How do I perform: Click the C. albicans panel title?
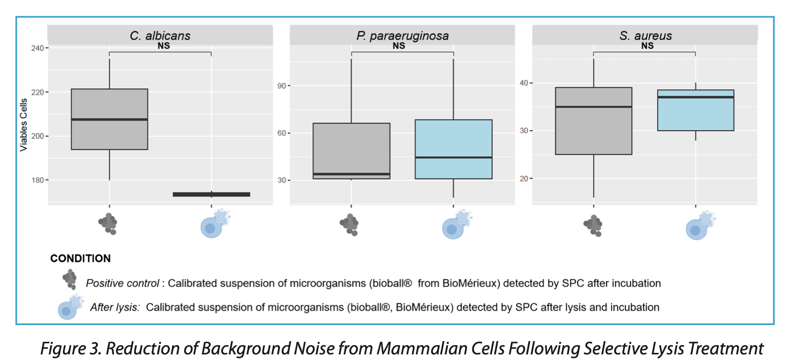(x=160, y=36)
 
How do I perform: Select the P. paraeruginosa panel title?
(x=402, y=36)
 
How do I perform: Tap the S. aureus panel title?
(x=645, y=36)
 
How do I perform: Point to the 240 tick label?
(x=37, y=48)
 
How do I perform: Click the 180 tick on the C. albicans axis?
(x=37, y=180)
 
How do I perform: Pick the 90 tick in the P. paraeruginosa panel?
(x=282, y=85)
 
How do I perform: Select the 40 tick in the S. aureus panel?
(x=524, y=83)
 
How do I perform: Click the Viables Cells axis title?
(x=23, y=125)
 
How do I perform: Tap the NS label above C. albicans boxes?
(x=163, y=46)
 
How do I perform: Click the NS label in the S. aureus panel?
(x=647, y=46)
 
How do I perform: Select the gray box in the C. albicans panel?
(x=109, y=119)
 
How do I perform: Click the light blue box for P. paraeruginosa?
(x=453, y=149)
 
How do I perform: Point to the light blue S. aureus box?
(x=695, y=110)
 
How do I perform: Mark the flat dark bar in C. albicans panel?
(x=211, y=194)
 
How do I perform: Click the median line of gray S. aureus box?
(x=593, y=107)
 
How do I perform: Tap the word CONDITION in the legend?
(x=80, y=258)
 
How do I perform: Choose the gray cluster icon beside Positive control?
(x=70, y=279)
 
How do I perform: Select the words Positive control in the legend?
(x=122, y=283)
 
